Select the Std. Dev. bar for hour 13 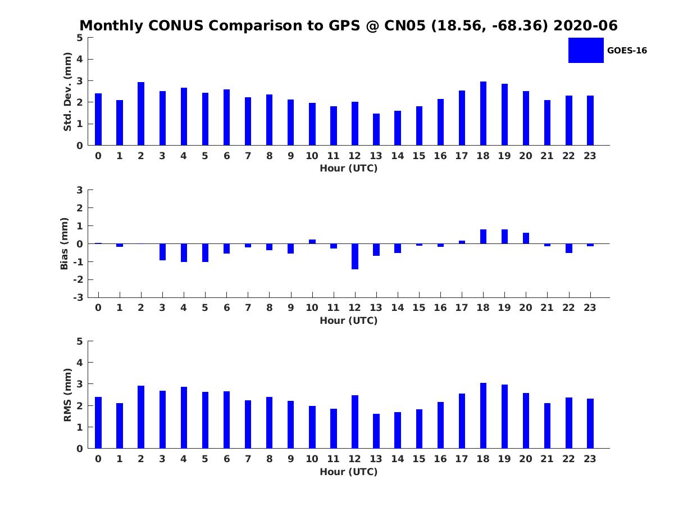(x=376, y=129)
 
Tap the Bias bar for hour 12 (x=355, y=256)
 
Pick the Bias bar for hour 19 (x=504, y=237)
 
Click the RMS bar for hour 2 (x=141, y=417)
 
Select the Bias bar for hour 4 (x=184, y=252)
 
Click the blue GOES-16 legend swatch (x=586, y=50)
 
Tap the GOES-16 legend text (x=627, y=51)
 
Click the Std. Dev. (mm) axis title (x=67, y=92)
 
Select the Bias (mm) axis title (x=65, y=243)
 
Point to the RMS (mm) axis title (x=67, y=395)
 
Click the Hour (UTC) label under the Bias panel (x=348, y=320)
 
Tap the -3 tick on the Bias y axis (x=79, y=297)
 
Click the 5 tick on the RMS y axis (x=80, y=341)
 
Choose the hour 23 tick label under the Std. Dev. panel (x=590, y=156)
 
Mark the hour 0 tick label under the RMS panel (x=98, y=459)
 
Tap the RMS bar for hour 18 (x=483, y=415)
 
